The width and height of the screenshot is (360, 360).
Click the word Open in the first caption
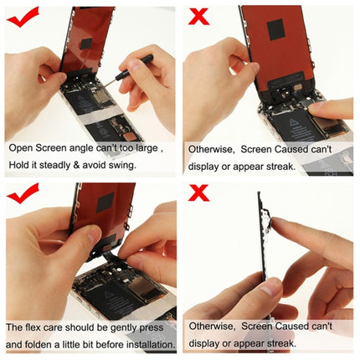(x=23, y=147)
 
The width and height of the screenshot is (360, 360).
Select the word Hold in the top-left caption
(x=19, y=165)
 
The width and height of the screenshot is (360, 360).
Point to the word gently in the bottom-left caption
(x=123, y=326)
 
